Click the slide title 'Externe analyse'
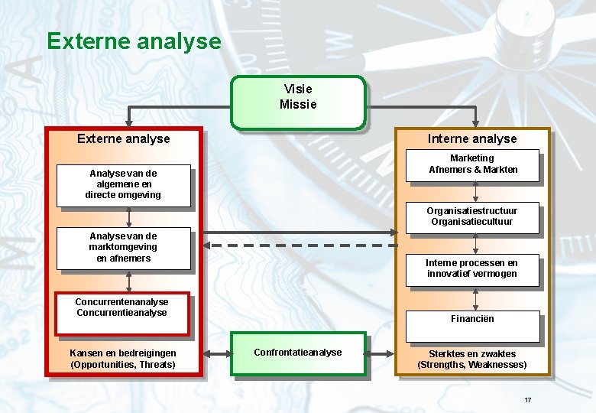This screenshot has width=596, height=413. point(134,41)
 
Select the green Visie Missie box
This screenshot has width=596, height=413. point(298,101)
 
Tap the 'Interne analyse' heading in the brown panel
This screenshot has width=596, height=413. point(472,138)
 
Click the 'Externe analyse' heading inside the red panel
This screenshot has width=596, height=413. point(124,138)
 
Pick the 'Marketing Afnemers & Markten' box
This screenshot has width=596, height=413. point(472,165)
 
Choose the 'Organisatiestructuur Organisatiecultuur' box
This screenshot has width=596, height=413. point(472,217)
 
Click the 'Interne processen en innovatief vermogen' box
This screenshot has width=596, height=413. point(472,269)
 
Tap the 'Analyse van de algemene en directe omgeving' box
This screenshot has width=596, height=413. point(123,185)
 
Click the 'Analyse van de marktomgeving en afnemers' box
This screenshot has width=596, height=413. point(123,248)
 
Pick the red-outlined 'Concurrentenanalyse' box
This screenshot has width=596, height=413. point(121,313)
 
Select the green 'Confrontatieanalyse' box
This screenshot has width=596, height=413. point(298,353)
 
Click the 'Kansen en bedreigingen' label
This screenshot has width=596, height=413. point(123,353)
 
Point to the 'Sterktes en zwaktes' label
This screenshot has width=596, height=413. point(472,354)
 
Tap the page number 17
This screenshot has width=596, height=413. point(527,401)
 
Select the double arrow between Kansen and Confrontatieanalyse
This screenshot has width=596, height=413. point(217,353)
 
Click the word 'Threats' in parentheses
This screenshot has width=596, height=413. point(157,365)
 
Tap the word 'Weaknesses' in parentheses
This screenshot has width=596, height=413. point(497,365)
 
